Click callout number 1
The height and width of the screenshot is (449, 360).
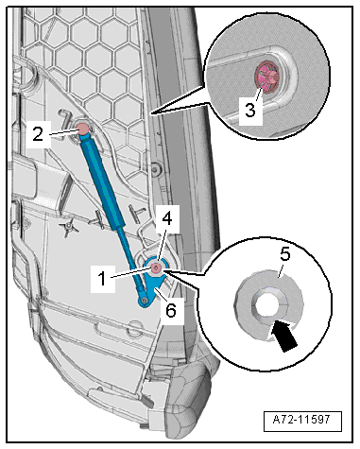coord(102,279)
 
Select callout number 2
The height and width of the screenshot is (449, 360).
coord(38,134)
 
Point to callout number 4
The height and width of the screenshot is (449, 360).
coord(167,218)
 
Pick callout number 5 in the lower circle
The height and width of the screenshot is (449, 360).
coord(285,254)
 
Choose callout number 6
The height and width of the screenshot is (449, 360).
coord(171,311)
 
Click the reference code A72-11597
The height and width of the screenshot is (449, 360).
coord(302,420)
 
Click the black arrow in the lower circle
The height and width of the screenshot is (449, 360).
coord(285,336)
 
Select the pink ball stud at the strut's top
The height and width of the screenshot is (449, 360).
coord(83,129)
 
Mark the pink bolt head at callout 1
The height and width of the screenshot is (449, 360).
coord(156,268)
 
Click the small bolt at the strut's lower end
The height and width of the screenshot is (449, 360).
coord(145,301)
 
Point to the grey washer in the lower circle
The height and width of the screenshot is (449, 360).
coord(269,305)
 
